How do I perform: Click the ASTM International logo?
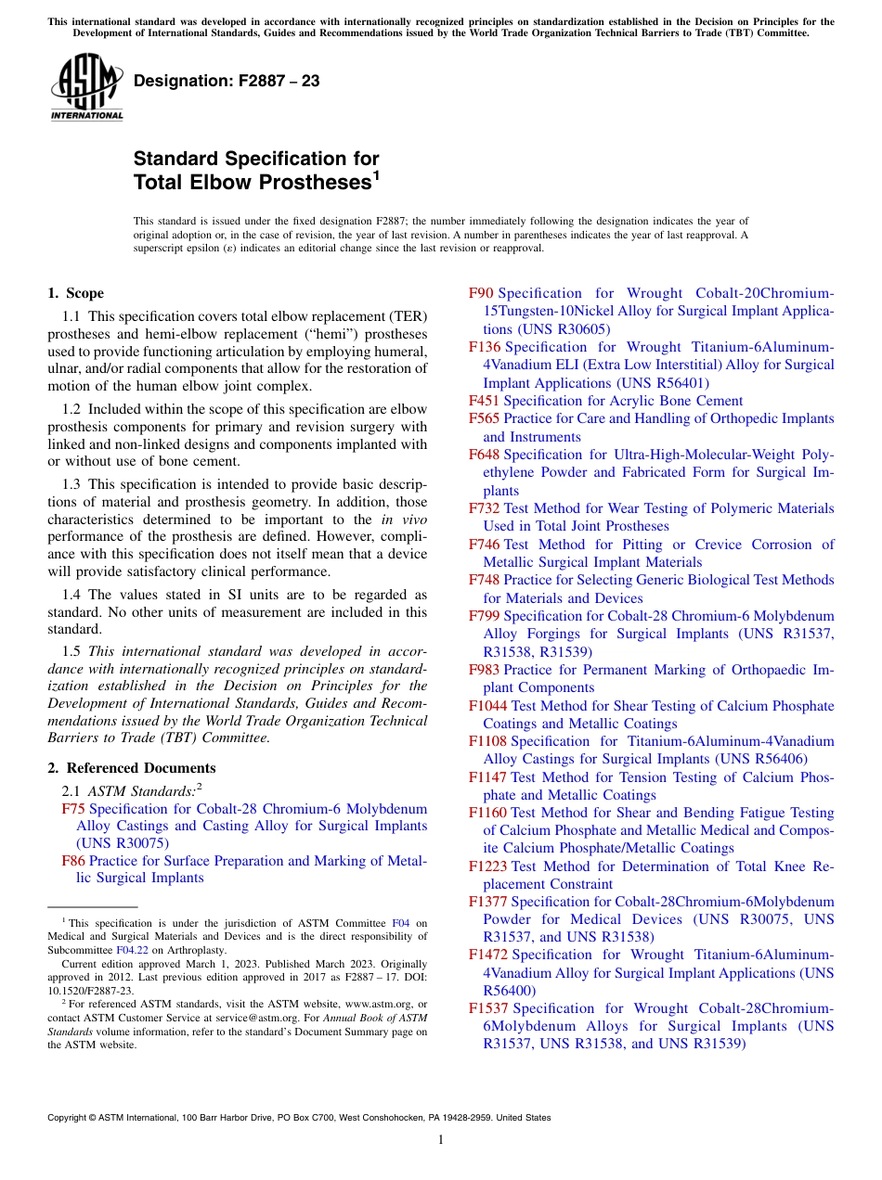[x=86, y=88]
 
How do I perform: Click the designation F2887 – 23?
[x=227, y=82]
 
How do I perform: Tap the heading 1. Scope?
[x=76, y=293]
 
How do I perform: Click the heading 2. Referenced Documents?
[x=132, y=768]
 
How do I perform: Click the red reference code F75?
[x=73, y=809]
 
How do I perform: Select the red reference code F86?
[x=73, y=861]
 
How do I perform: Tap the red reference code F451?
[x=484, y=401]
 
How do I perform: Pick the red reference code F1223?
[x=487, y=866]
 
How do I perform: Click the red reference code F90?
[x=481, y=293]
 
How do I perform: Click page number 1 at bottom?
[x=441, y=1140]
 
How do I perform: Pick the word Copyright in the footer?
[x=69, y=1118]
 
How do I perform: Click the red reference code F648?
[x=484, y=455]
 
